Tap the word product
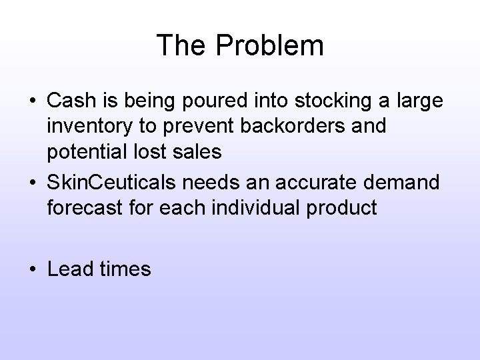click(347, 208)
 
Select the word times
click(128, 269)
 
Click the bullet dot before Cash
click(33, 102)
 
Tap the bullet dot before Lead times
click(33, 270)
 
